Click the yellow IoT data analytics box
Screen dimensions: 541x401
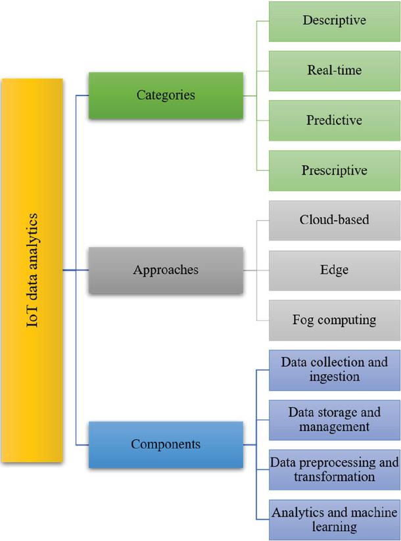click(x=32, y=270)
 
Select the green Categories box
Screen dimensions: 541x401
click(x=166, y=95)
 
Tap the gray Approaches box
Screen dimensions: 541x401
click(x=166, y=270)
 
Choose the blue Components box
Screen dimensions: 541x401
click(x=166, y=444)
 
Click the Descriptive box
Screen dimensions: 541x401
click(x=334, y=20)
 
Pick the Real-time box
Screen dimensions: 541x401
click(x=334, y=70)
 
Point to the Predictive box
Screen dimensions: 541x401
click(x=334, y=120)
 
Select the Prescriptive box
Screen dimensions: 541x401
click(x=334, y=170)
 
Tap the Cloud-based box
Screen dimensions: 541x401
click(x=334, y=220)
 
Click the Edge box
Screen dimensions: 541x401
click(x=334, y=270)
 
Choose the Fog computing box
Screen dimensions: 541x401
click(x=334, y=320)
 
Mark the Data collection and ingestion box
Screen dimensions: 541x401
click(x=334, y=369)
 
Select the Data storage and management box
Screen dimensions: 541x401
click(x=334, y=419)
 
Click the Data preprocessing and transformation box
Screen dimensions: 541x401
click(x=334, y=469)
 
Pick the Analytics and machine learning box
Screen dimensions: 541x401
click(x=334, y=519)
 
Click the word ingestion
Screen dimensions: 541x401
click(x=334, y=377)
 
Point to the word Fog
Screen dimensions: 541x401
click(x=304, y=320)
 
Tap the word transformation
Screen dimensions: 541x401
click(x=334, y=477)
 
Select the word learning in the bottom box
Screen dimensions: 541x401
click(x=334, y=527)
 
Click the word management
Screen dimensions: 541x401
click(x=334, y=427)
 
